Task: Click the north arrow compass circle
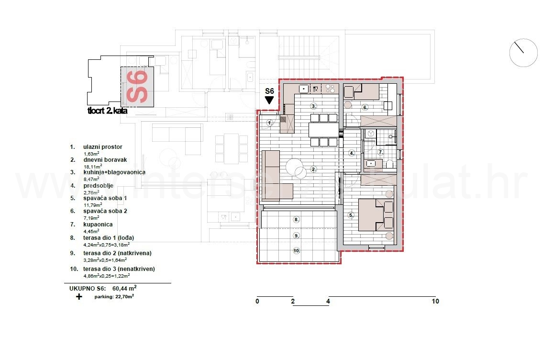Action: pos(523,53)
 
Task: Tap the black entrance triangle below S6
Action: pos(269,100)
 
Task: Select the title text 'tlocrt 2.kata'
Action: pos(107,111)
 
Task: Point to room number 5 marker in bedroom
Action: pos(351,215)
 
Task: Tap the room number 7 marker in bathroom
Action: pos(381,152)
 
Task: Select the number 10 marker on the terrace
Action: pos(297,250)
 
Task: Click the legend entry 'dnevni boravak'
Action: pos(105,160)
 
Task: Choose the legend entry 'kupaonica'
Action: pos(98,224)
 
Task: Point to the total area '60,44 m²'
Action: pos(124,289)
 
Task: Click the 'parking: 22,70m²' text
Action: pos(114,296)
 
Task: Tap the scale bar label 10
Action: pos(435,302)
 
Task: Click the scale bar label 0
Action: pos(257,302)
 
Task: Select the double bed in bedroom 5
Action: pos(376,214)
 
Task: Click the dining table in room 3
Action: pos(323,130)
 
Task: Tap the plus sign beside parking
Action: pos(78,296)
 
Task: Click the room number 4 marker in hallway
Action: pos(352,153)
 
